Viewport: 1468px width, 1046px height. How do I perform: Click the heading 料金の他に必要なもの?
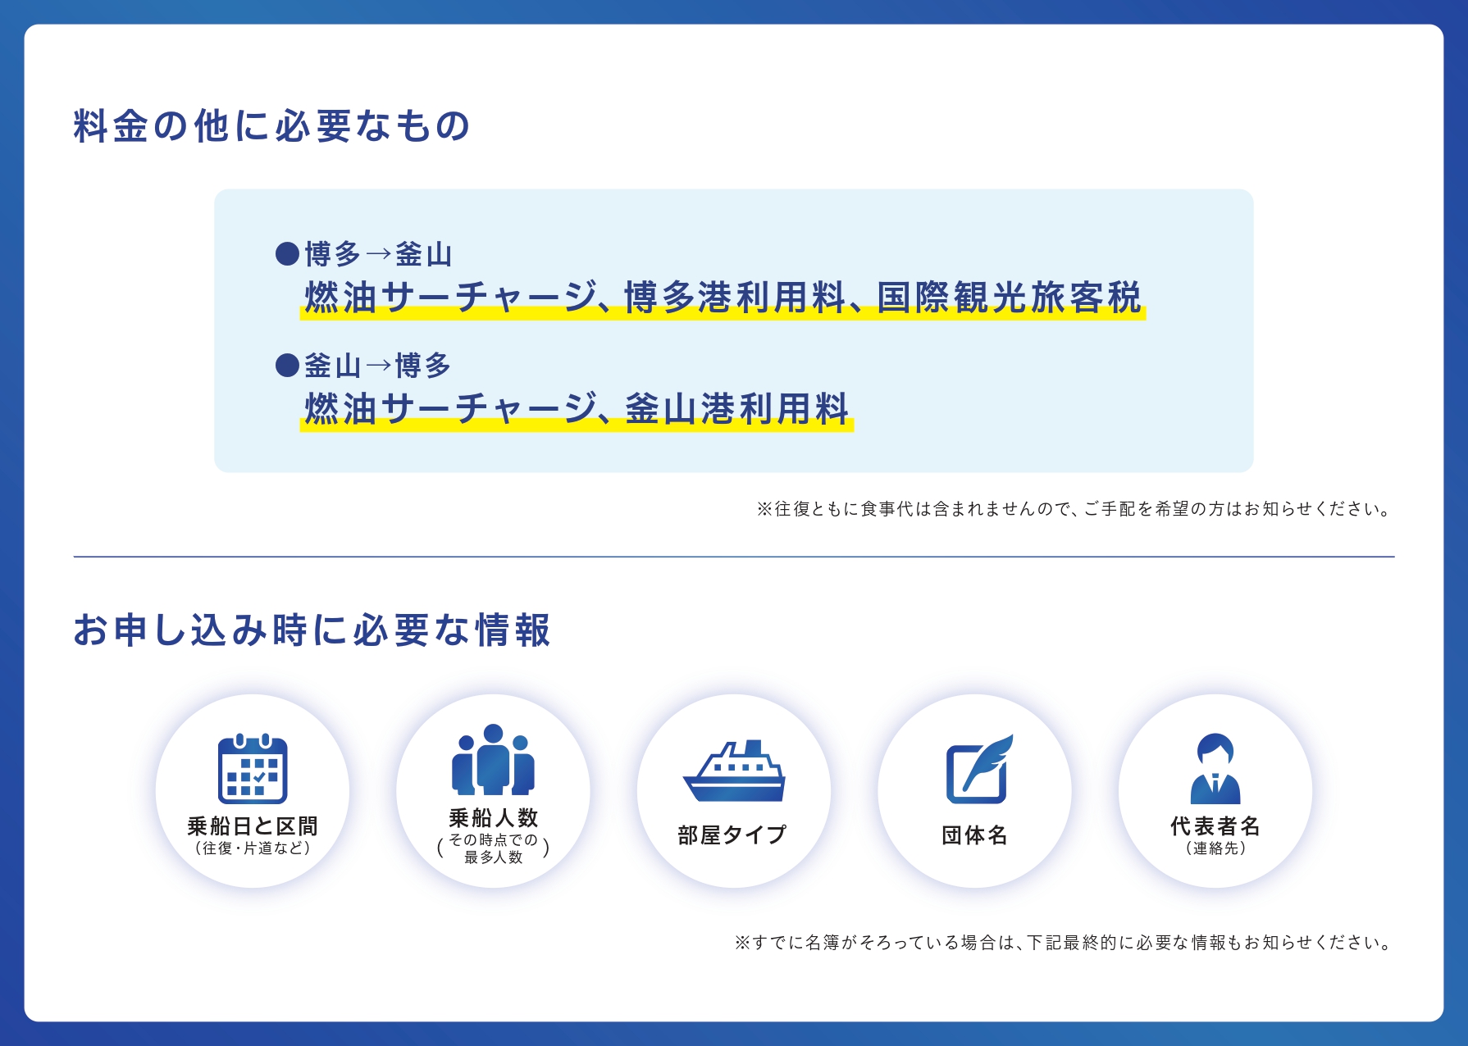pos(271,126)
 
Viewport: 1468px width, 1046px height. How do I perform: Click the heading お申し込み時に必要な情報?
pos(312,630)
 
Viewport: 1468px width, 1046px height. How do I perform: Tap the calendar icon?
pos(253,769)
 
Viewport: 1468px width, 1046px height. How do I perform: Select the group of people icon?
pos(493,759)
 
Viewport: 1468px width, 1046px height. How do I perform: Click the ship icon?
pos(734,771)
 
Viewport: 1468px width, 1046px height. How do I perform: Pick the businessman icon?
pos(1215,768)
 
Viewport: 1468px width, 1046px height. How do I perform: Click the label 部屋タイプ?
pos(732,835)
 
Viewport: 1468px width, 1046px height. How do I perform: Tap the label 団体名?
pos(974,835)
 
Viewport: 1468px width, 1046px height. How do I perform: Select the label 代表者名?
pos(1215,826)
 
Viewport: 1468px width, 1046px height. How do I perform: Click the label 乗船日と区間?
pos(253,826)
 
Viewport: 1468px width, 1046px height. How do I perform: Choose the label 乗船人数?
pos(493,817)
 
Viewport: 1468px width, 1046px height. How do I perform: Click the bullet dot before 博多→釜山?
pos(287,254)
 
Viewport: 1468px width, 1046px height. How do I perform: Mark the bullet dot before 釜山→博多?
pos(287,365)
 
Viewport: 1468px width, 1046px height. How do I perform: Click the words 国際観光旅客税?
pos(1009,298)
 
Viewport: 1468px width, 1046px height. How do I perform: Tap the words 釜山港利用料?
pos(736,409)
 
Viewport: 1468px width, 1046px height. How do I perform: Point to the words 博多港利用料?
pos(735,298)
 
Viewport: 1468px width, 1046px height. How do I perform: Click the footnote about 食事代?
pos(1075,509)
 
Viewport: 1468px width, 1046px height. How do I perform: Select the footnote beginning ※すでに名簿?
pos(1065,943)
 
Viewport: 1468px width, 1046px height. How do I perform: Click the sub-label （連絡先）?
pos(1215,848)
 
